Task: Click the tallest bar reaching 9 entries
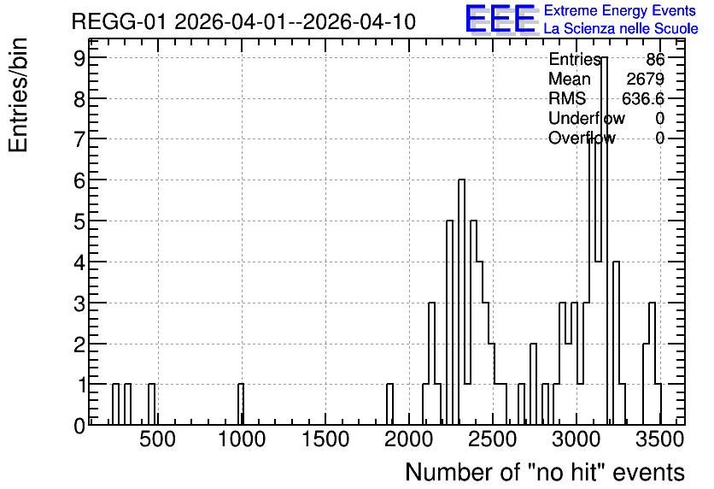point(605,241)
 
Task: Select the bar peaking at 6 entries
point(461,302)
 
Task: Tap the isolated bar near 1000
point(241,404)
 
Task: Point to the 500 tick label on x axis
point(157,439)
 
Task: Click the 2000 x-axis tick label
point(408,439)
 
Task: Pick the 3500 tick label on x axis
point(660,439)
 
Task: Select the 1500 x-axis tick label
point(325,439)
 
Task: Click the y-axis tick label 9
point(79,57)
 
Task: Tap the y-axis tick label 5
point(79,221)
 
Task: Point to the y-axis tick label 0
point(79,426)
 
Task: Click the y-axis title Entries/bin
point(19,95)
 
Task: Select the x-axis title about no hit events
point(545,472)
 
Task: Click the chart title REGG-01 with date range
point(243,22)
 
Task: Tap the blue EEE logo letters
point(500,19)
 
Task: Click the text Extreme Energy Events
point(620,10)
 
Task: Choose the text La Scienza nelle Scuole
point(621,29)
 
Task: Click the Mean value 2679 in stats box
point(645,79)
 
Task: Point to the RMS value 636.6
point(642,98)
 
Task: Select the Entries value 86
point(655,59)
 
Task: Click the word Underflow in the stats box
point(587,118)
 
